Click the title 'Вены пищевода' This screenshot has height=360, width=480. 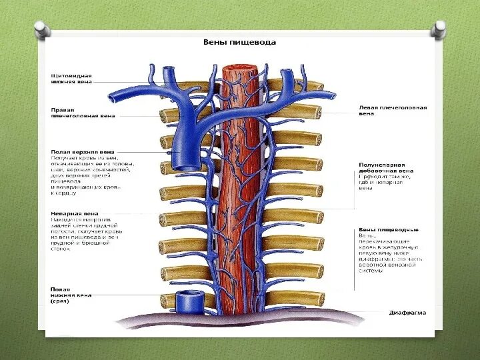[239, 42]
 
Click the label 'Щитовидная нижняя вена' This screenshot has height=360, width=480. [71, 79]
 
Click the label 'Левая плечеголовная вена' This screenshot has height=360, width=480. [392, 110]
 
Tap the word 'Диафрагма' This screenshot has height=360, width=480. [407, 312]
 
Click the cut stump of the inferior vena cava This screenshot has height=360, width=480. [187, 301]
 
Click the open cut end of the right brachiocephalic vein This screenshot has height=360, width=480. [117, 97]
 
